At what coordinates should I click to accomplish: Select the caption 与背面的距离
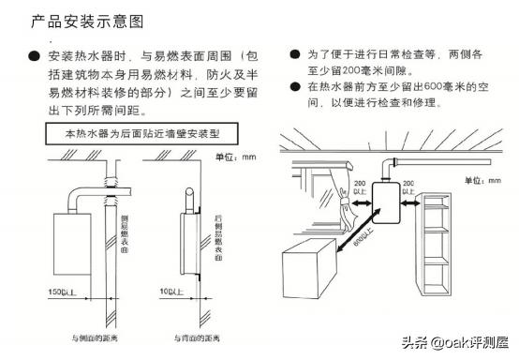click(x=193, y=336)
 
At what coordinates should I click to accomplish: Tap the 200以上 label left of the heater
click(x=358, y=187)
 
